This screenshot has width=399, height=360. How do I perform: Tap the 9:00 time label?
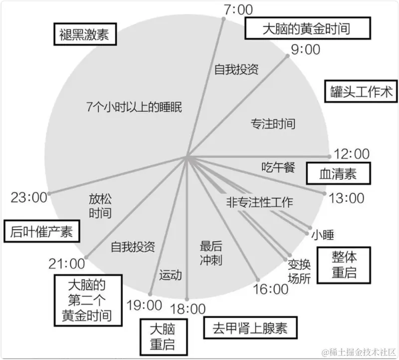point(305,49)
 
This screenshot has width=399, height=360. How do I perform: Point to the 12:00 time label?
point(351,154)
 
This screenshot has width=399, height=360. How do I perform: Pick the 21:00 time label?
point(66,263)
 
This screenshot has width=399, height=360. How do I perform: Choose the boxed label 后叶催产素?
point(41,231)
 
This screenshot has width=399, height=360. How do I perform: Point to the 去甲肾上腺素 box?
point(250,329)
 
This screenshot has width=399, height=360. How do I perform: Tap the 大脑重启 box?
point(163,337)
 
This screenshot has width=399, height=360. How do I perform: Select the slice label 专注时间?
point(273,123)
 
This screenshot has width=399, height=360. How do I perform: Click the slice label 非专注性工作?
point(259,202)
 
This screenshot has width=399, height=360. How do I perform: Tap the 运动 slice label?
point(170,275)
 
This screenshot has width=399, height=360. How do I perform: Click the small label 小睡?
point(322,235)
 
